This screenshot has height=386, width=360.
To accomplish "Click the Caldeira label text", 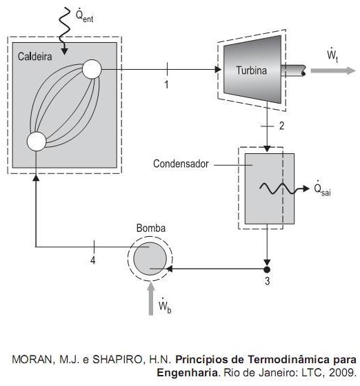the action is click(34, 57).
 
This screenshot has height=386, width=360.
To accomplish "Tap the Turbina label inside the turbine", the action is click(252, 70).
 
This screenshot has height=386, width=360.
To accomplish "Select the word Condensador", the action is click(181, 164).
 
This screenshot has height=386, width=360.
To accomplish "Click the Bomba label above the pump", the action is click(151, 228).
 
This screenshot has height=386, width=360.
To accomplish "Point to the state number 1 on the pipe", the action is click(166, 85).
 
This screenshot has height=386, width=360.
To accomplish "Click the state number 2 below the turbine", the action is click(281, 126).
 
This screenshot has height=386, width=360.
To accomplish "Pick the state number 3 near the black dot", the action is click(268, 281).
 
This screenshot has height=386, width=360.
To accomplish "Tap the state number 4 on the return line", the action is click(92, 260).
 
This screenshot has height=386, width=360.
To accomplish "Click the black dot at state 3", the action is click(267, 269).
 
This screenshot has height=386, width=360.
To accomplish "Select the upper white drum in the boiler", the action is click(92, 69).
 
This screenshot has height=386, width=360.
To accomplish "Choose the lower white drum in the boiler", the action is click(37, 142).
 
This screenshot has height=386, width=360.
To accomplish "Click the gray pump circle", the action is click(150, 258).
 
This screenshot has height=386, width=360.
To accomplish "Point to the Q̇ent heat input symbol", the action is click(84, 16).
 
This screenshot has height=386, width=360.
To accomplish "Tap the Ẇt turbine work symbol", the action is click(332, 55).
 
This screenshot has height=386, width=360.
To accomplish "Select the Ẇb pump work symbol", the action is click(165, 306).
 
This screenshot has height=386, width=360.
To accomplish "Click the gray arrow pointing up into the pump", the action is click(151, 298).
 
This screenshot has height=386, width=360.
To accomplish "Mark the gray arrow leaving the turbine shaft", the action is click(333, 70).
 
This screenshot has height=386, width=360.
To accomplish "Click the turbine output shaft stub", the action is click(293, 70).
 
